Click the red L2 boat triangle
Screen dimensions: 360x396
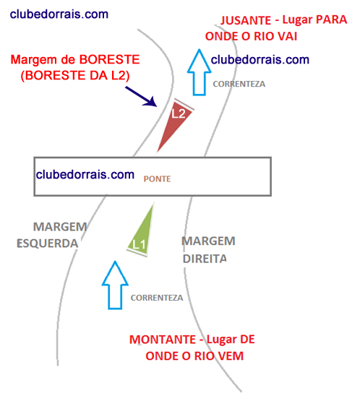pos(176,121)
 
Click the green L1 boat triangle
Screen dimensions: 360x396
pos(142,235)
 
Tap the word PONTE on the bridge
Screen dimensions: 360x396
pos(157,179)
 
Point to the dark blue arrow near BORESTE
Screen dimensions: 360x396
pos(141,96)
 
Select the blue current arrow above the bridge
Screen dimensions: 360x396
pos(199,72)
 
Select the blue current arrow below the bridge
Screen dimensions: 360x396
pos(115,285)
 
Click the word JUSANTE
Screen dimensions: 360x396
pos(246,20)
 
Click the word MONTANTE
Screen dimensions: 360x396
pos(163,340)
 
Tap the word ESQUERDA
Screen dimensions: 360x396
pos(47,244)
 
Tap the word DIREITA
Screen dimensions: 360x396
pos(205,259)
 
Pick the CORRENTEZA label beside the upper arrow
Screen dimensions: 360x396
pos(239,84)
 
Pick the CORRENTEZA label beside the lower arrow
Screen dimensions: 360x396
pos(157,298)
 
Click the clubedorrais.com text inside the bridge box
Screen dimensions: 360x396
pos(85,174)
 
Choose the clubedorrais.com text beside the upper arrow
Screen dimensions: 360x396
pos(260,60)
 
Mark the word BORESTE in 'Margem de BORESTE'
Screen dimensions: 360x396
pos(109,60)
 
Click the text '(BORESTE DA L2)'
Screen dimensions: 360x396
pos(75,75)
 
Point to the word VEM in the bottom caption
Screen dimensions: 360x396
pos(231,356)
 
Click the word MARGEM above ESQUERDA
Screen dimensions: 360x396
pos(60,227)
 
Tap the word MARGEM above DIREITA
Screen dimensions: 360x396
pos(208,241)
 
